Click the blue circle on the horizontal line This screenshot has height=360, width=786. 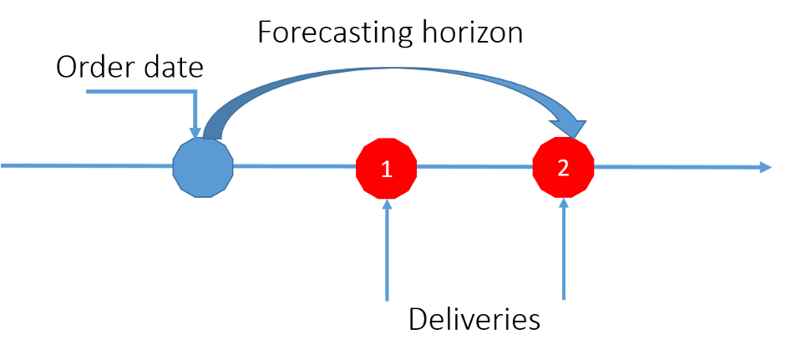click(203, 168)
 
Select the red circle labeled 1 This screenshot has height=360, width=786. click(386, 169)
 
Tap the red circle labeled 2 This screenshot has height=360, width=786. click(563, 168)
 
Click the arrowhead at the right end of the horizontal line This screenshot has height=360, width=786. click(765, 168)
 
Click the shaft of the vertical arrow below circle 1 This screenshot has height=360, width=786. click(387, 251)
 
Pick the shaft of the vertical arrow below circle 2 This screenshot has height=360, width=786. click(564, 251)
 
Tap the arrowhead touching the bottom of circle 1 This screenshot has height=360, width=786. click(387, 203)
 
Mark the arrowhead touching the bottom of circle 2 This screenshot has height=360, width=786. click(564, 202)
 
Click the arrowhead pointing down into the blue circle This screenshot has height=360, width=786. click(195, 132)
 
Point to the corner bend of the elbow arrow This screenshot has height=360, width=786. click(194, 92)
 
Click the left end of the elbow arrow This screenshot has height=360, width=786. click(89, 92)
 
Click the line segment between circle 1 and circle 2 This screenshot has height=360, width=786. click(474, 168)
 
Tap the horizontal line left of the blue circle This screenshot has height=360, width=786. click(84, 166)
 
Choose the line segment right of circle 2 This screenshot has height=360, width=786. click(677, 168)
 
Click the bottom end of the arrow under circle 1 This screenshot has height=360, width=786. click(387, 299)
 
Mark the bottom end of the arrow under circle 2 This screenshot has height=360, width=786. click(564, 298)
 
